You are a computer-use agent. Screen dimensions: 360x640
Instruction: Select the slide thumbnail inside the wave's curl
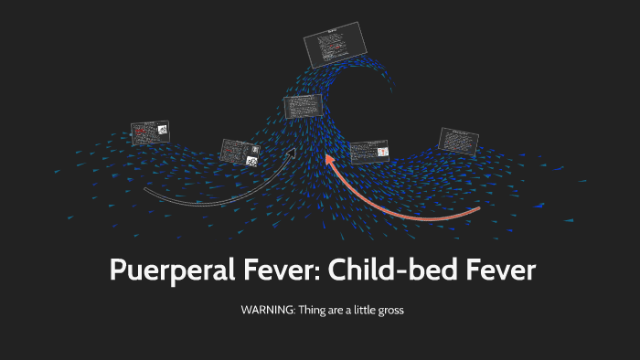tap(303, 106)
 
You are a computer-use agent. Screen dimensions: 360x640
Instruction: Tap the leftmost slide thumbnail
tap(150, 133)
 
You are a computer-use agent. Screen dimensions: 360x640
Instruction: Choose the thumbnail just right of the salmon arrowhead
tap(369, 152)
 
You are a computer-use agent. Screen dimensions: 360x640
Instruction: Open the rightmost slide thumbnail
tap(459, 141)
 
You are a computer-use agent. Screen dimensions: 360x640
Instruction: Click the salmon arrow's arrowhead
tap(330, 161)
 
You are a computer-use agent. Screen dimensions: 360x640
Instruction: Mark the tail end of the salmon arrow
tap(478, 210)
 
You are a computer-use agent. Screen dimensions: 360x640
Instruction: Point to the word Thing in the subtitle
tap(310, 310)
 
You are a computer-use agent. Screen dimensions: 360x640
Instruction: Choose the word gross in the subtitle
tap(388, 310)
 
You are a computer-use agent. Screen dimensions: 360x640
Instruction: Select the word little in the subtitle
tap(358, 310)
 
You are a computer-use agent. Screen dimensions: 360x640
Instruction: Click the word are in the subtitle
tap(334, 310)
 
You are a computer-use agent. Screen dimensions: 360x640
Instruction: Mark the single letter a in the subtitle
tap(346, 310)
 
